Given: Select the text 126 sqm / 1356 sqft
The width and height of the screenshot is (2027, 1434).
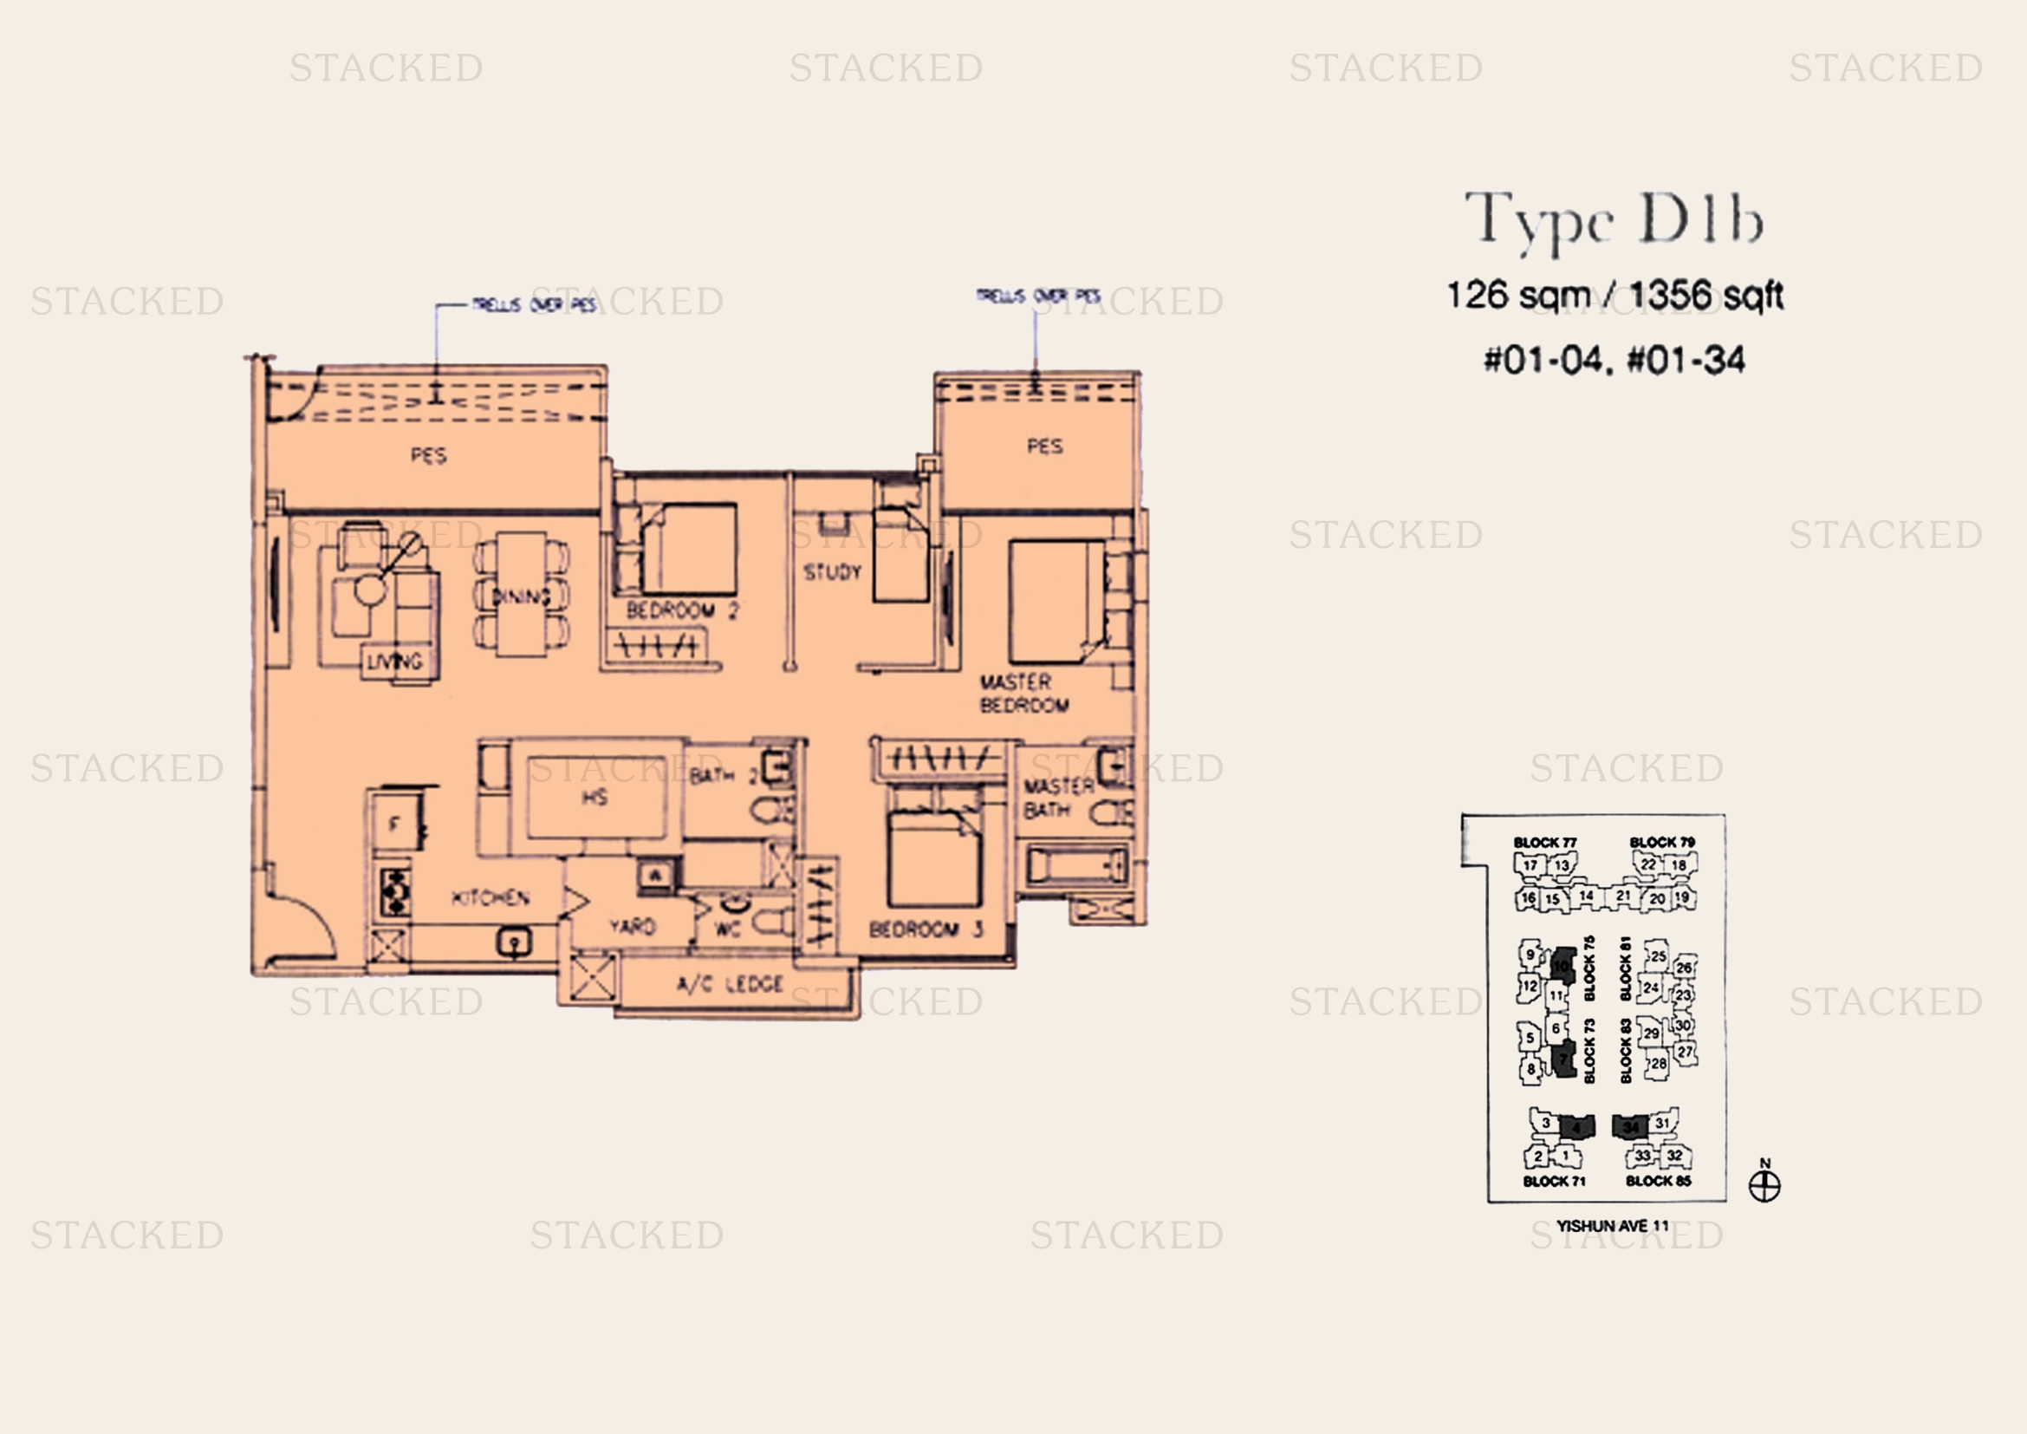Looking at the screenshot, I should click(1614, 295).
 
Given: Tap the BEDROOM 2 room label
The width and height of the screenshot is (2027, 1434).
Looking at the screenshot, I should click(680, 610).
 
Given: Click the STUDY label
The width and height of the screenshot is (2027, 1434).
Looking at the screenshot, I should click(832, 572).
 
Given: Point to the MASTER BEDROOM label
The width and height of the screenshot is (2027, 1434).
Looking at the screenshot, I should click(1023, 694).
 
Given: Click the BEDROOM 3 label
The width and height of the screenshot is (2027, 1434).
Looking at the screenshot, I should click(926, 929).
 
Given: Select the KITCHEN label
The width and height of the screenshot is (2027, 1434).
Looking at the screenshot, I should click(490, 898).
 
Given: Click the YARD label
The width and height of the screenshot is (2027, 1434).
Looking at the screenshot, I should click(632, 926).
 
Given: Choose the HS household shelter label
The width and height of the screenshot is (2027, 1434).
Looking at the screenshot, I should click(594, 798).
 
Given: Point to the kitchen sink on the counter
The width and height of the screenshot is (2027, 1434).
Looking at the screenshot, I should click(514, 942).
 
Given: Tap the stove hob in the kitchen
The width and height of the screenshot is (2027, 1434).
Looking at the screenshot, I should click(393, 892).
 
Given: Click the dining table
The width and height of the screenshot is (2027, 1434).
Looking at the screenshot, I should click(521, 594).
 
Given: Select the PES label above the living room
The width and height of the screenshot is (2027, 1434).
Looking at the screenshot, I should click(428, 456).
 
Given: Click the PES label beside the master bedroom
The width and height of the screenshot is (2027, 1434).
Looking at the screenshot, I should click(1044, 446).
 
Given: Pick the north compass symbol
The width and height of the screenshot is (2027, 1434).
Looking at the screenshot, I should click(1764, 1185).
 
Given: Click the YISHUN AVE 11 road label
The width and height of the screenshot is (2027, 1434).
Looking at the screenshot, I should click(1612, 1226).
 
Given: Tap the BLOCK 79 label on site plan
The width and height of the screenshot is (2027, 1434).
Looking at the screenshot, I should click(1661, 843).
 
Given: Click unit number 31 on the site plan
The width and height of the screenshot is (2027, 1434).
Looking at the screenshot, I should click(1662, 1123).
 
